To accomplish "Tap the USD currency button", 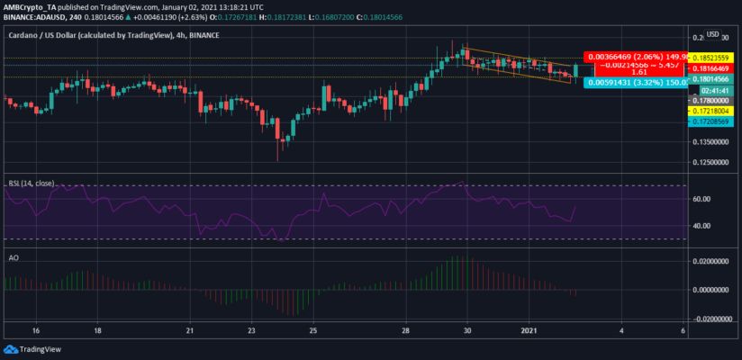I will (x=711, y=35).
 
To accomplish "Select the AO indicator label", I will (x=13, y=256).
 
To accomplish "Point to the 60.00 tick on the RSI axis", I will (x=702, y=199).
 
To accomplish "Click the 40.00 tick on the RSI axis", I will (x=702, y=226).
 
